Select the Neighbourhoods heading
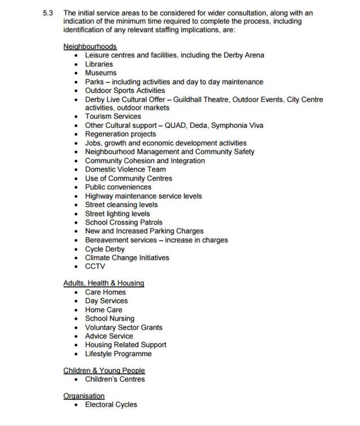(90, 47)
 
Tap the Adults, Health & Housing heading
(104, 283)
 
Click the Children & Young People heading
(104, 370)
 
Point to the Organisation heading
(84, 396)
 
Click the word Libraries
(99, 64)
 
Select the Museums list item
(101, 73)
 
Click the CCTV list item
(95, 267)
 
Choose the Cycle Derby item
(105, 249)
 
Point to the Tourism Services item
(113, 116)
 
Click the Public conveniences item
(118, 187)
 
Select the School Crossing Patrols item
(123, 222)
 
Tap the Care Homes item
(105, 292)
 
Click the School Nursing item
(110, 319)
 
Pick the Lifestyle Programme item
(118, 354)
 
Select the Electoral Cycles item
(111, 405)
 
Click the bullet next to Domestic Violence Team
(76, 169)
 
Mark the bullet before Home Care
(76, 310)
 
